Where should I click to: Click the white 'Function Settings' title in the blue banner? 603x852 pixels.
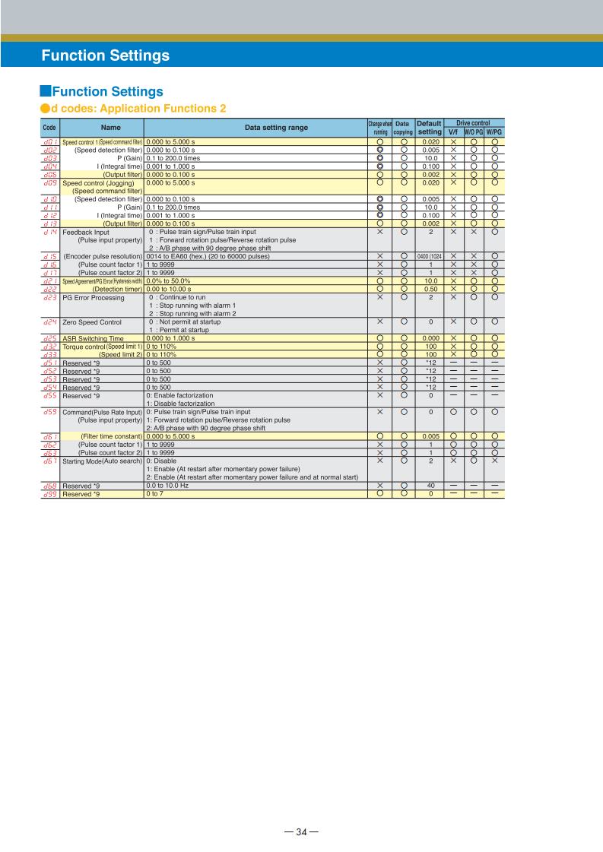point(106,55)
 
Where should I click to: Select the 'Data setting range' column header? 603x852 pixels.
point(254,128)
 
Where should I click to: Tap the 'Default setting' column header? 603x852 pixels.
point(430,128)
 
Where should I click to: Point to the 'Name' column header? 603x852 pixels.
point(101,128)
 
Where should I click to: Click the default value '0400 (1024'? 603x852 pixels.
point(430,257)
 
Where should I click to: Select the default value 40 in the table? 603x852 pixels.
point(430,485)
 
